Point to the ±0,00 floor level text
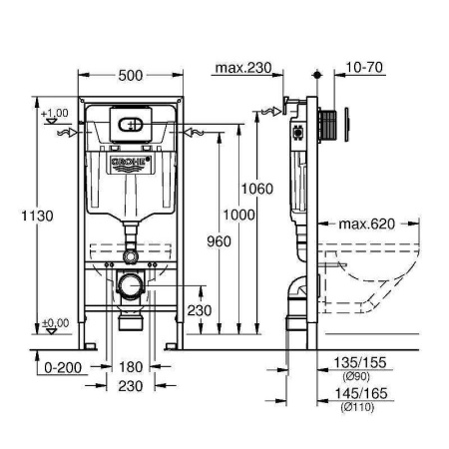click(x=55, y=322)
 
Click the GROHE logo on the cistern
click(x=129, y=160)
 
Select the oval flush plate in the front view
click(x=129, y=125)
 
